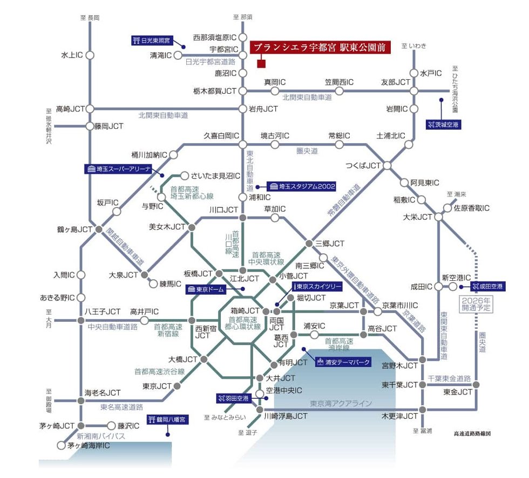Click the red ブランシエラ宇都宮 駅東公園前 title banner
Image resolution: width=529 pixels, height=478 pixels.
[320, 47]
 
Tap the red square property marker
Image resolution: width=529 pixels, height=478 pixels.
[261, 64]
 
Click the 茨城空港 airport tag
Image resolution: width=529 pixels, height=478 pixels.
[443, 124]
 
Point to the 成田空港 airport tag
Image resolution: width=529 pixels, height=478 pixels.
[487, 287]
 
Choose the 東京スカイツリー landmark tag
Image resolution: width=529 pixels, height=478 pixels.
[317, 287]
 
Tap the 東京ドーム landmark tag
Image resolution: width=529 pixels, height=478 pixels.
[206, 289]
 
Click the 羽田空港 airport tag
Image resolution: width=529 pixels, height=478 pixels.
[233, 398]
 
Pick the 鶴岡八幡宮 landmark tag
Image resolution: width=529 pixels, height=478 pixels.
[168, 420]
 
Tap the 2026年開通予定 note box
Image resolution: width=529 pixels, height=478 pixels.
[476, 304]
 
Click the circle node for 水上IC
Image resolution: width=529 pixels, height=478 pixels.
[90, 55]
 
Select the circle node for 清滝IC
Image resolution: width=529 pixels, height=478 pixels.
[178, 55]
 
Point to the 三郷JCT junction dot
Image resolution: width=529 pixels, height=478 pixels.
[309, 243]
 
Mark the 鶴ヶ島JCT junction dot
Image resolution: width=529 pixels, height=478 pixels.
[98, 229]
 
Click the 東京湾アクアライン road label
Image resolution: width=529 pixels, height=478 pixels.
[341, 403]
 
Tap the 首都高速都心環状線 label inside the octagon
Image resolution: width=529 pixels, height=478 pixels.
[243, 323]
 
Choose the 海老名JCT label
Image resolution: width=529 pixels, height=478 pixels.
[103, 393]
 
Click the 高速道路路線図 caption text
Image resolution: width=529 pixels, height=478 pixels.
[472, 434]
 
